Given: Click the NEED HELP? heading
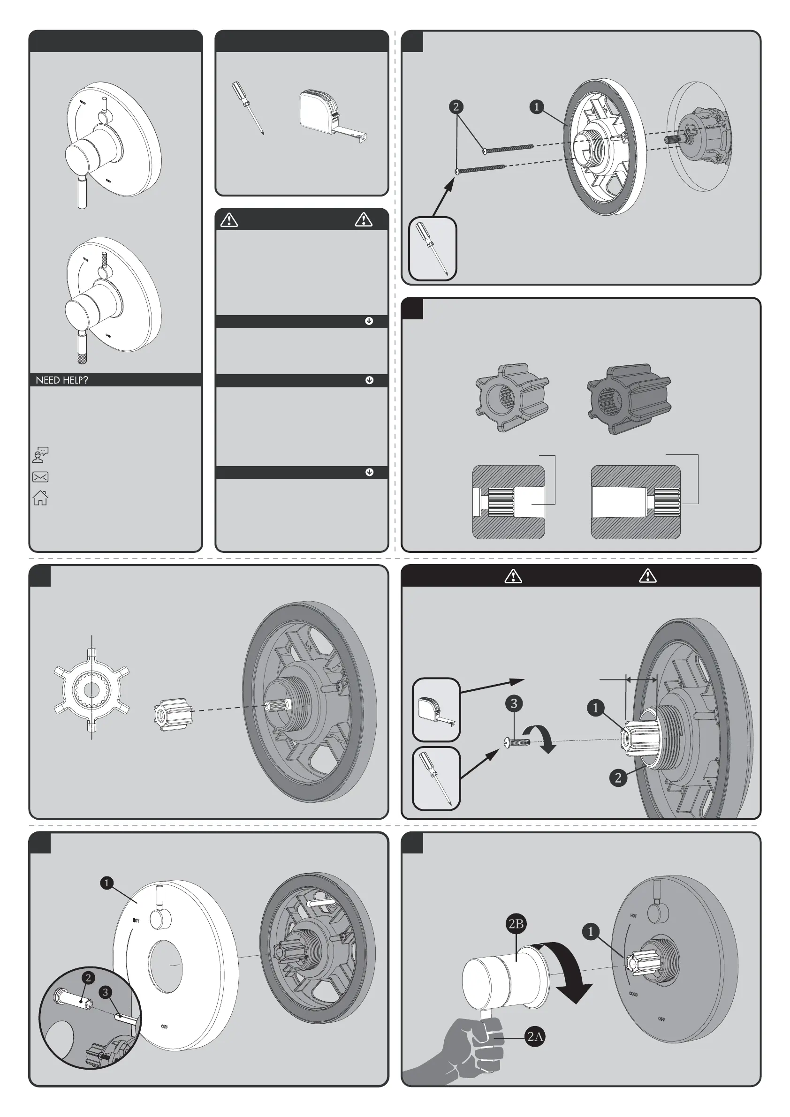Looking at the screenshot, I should [62, 380].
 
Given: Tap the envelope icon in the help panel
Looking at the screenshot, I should [40, 477].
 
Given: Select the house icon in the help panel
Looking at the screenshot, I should [40, 498].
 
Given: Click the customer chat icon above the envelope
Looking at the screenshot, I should [40, 455].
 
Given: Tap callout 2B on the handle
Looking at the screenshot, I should [516, 923].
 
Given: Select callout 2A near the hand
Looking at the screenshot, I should [535, 1036].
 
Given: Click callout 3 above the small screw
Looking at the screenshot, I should [514, 703].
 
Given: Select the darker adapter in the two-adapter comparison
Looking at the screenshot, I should [629, 398].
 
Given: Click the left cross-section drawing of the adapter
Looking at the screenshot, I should [509, 502].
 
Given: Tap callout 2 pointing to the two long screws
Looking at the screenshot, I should [456, 106].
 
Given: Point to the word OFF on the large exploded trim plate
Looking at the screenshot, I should [165, 1027].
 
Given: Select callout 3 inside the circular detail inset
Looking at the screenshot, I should [105, 992].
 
